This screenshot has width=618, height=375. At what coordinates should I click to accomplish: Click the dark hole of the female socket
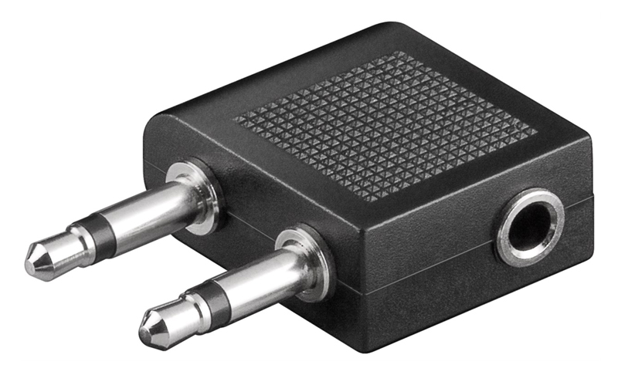531,225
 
